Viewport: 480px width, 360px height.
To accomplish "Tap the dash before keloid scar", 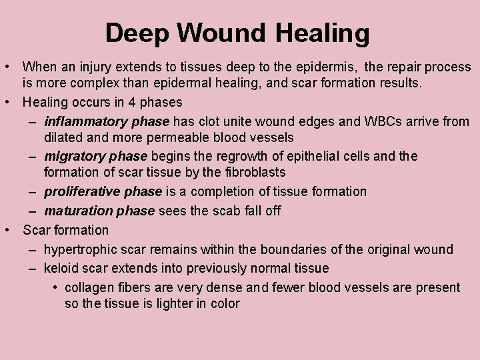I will pyautogui.click(x=32, y=269).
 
